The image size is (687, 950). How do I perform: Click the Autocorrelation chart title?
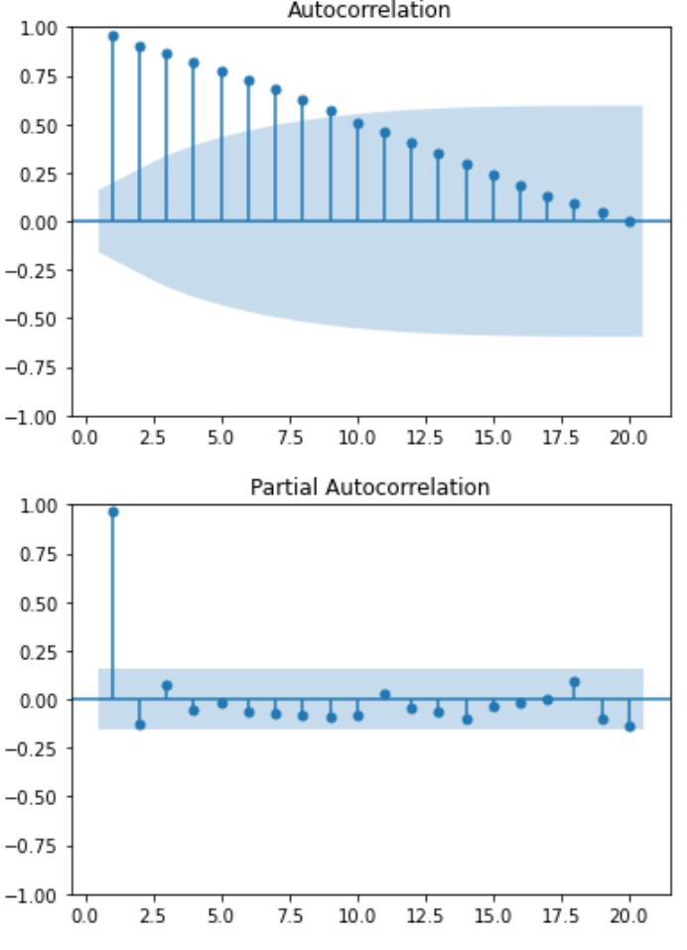coord(368,11)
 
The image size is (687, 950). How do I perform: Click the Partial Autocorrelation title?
coord(369,487)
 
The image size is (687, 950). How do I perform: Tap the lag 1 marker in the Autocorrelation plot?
coord(113,36)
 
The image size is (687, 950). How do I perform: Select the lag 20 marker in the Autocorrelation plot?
coord(629,221)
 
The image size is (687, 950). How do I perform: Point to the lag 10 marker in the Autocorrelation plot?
coord(357,124)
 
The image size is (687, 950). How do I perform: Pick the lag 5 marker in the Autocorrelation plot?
coord(222,71)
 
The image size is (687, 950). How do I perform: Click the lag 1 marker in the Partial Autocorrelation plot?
coord(113,511)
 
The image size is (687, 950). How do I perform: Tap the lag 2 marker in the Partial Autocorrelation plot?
coord(140,725)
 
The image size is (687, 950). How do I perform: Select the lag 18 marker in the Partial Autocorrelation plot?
coord(574,682)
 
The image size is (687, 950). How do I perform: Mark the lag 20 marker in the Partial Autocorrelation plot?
coord(629,727)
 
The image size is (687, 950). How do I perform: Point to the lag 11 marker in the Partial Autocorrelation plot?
coord(384,695)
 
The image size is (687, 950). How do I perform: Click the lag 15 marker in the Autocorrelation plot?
coord(493,176)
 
